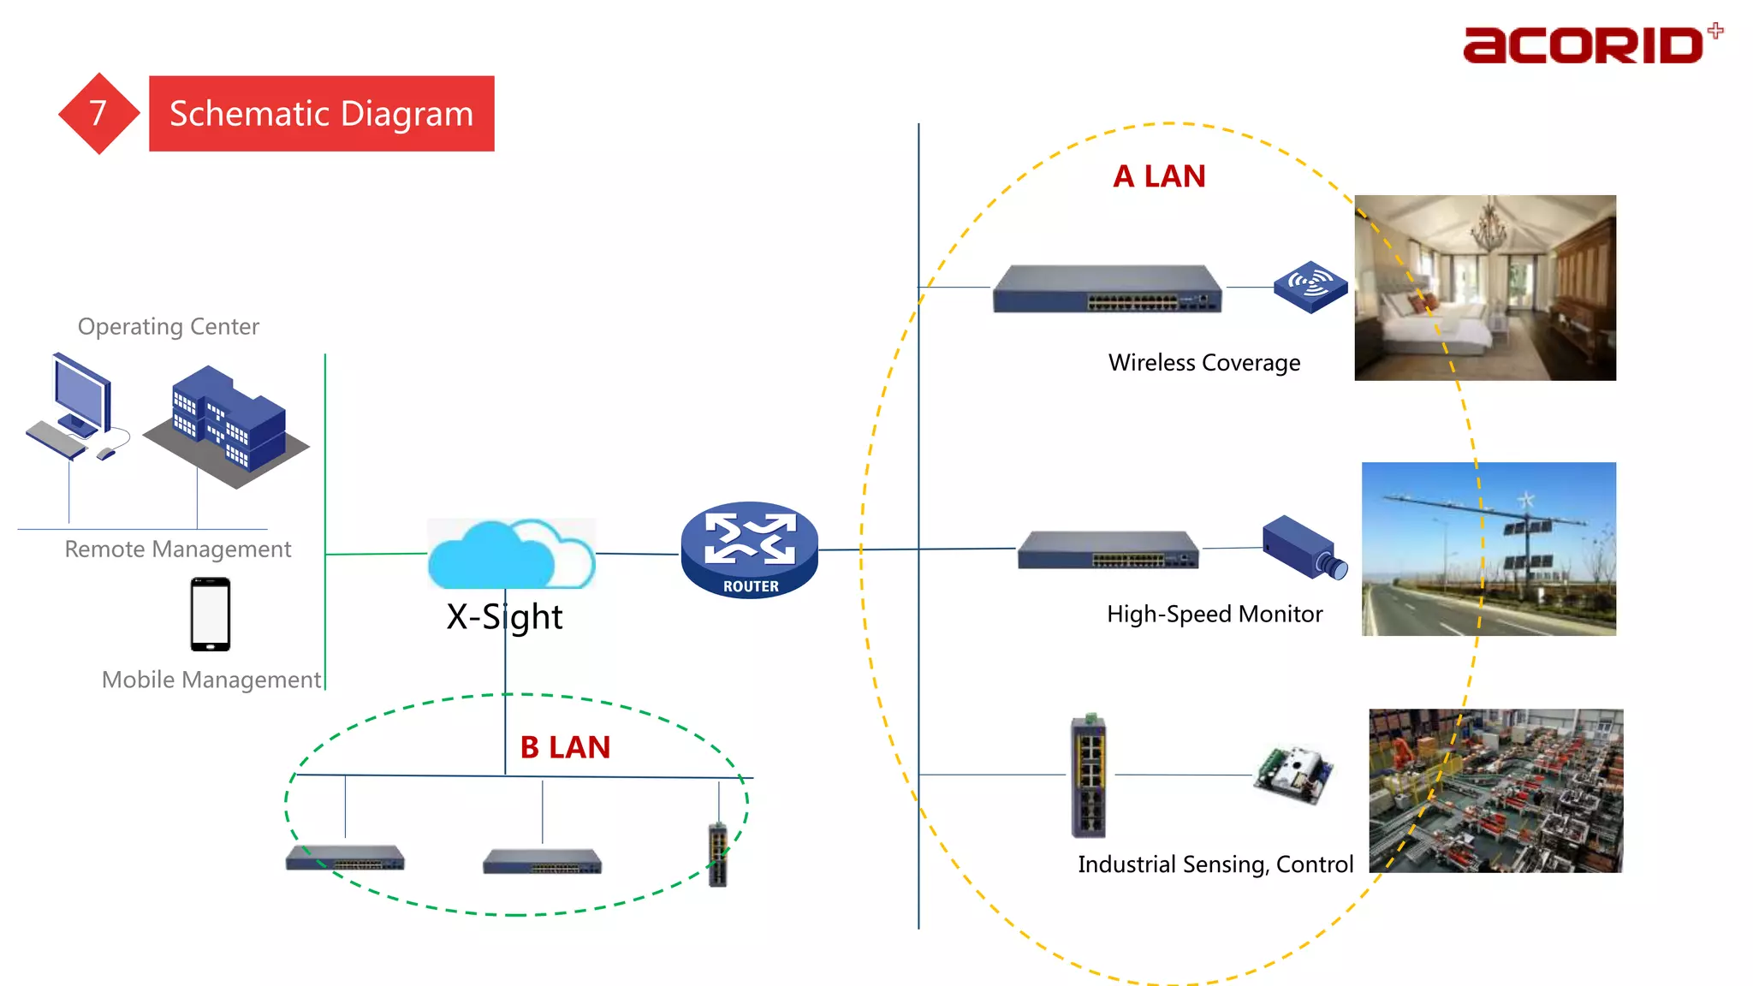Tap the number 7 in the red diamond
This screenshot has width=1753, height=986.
click(x=98, y=113)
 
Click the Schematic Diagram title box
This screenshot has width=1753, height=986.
click(x=321, y=114)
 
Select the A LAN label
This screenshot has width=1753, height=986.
click(x=1159, y=176)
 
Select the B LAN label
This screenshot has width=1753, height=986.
click(x=565, y=747)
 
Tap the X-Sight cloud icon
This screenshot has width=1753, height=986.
click(x=510, y=554)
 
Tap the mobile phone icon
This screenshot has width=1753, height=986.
click(x=211, y=614)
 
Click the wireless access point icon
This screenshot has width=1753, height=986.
click(x=1310, y=286)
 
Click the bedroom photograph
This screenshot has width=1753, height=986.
click(x=1485, y=288)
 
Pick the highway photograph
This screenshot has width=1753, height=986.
click(x=1489, y=549)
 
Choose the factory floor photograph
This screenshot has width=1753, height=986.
click(x=1495, y=790)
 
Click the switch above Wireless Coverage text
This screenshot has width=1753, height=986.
click(x=1107, y=289)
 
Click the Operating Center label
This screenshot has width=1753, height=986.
click(x=168, y=327)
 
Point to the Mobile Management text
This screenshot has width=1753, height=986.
click(x=211, y=680)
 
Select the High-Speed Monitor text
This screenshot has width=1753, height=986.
click(x=1214, y=615)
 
